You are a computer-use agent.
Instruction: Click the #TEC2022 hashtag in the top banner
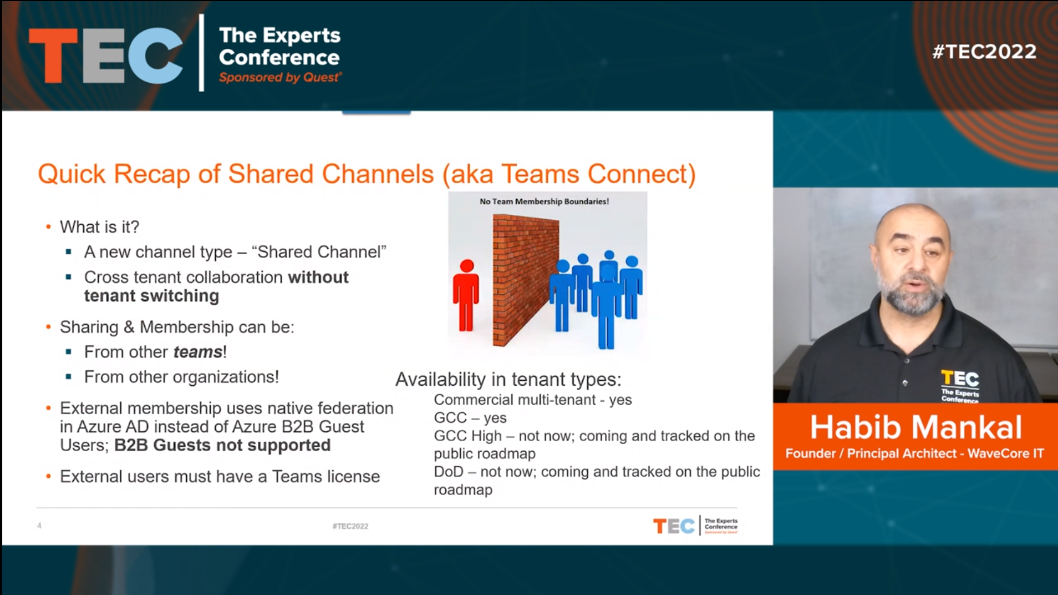pyautogui.click(x=984, y=52)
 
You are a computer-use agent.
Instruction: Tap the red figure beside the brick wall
pyautogui.click(x=466, y=295)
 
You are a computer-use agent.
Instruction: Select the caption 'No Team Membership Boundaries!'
pyautogui.click(x=544, y=201)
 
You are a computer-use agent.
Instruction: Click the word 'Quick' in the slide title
pyautogui.click(x=72, y=174)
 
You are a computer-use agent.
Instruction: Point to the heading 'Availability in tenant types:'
pyautogui.click(x=508, y=379)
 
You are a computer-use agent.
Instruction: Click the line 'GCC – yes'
pyautogui.click(x=470, y=417)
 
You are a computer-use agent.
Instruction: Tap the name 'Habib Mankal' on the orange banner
pyautogui.click(x=915, y=427)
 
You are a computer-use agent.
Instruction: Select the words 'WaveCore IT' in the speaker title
pyautogui.click(x=1005, y=453)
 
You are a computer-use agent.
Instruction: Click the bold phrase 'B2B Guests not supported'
pyautogui.click(x=222, y=445)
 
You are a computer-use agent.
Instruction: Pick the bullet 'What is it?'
pyautogui.click(x=99, y=226)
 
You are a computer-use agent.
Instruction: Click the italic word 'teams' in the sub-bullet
pyautogui.click(x=198, y=352)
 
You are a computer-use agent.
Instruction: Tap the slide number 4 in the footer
pyautogui.click(x=39, y=526)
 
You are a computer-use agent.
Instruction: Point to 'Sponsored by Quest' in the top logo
pyautogui.click(x=280, y=78)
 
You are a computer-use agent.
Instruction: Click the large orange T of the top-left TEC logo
pyautogui.click(x=53, y=56)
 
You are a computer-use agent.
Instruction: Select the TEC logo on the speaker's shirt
pyautogui.click(x=960, y=386)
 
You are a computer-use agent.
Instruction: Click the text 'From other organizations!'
pyautogui.click(x=181, y=377)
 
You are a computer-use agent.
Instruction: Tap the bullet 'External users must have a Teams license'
pyautogui.click(x=220, y=476)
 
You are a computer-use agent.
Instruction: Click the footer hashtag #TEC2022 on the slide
pyautogui.click(x=350, y=526)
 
